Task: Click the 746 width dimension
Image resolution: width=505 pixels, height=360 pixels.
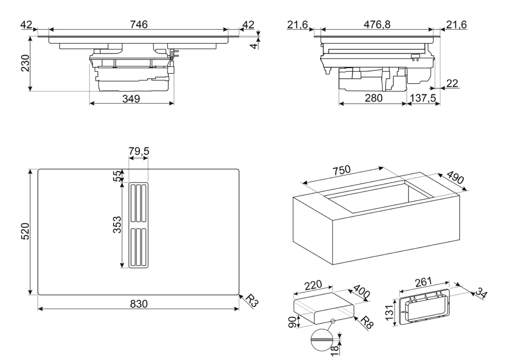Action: (139, 24)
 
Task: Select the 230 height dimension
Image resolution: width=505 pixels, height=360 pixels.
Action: (25, 63)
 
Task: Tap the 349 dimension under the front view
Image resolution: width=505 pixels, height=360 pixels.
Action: (131, 99)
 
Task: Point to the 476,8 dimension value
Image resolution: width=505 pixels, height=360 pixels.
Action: (377, 24)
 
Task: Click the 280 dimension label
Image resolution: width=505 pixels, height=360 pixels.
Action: (373, 98)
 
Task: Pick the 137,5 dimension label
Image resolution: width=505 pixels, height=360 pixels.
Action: (423, 98)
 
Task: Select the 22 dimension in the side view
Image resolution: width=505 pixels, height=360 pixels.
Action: (452, 83)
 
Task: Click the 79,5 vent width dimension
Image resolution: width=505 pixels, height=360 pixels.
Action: (139, 151)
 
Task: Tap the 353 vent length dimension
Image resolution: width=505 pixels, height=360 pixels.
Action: (117, 225)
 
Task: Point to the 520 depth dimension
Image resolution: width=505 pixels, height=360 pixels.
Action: (25, 231)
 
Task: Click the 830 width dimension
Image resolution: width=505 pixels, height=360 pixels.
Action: (139, 304)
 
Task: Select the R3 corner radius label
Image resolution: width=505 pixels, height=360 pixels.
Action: (252, 301)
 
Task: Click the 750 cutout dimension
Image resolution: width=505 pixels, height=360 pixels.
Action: (342, 170)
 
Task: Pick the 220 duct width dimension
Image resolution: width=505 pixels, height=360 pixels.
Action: (313, 285)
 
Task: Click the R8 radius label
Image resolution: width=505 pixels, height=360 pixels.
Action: (367, 323)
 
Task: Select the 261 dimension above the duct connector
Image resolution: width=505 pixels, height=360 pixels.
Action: (423, 282)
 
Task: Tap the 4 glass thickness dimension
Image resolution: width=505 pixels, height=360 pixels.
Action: (255, 46)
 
